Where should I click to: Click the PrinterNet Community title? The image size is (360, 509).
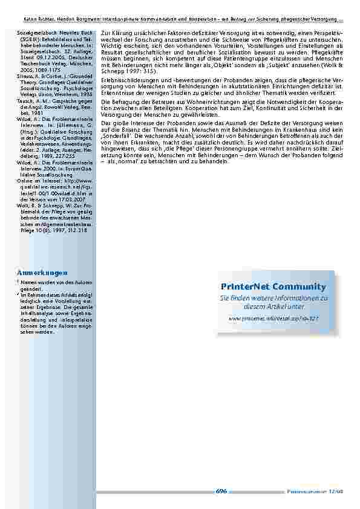coord(273,287)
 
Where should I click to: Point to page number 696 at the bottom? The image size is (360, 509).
coord(221,491)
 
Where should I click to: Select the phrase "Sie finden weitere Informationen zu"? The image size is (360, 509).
coord(273,299)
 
